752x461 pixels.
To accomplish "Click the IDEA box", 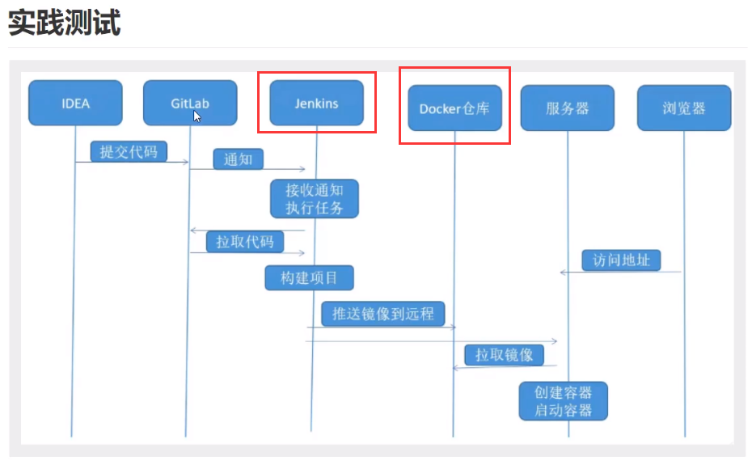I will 75,103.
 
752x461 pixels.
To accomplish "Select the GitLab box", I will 190,103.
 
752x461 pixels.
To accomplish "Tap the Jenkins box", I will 316,103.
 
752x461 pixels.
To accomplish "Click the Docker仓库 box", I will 454,108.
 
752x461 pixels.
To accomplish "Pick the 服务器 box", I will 568,108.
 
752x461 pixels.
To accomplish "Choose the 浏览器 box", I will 684,108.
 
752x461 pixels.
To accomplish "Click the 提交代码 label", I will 129,151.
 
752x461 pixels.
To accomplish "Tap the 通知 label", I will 238,159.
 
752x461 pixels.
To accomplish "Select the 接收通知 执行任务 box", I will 315,199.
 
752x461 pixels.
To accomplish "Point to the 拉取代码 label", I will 245,241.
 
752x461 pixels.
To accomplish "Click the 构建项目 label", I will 310,278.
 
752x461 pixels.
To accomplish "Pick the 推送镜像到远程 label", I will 382,314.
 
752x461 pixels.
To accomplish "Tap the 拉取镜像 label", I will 504,354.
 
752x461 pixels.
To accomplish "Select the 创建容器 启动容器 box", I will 563,401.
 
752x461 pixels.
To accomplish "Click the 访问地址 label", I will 621,260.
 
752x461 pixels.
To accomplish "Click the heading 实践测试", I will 65,23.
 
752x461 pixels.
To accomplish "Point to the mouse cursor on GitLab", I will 196,116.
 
